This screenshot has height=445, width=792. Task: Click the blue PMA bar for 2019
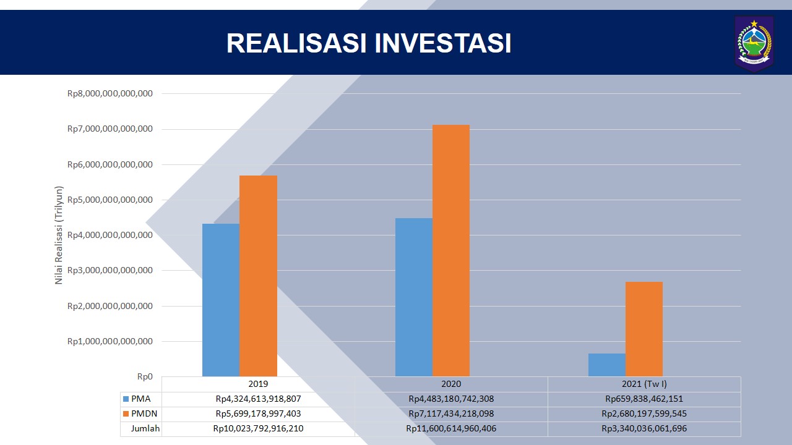[x=221, y=300]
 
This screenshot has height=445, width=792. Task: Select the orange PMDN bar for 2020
[x=451, y=250]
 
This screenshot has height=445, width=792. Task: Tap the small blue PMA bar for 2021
[x=607, y=365]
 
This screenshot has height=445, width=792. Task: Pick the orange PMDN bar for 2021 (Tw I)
[x=644, y=329]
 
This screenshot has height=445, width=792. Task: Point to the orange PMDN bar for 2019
[x=259, y=276]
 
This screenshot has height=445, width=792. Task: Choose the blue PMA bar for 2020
[x=414, y=297]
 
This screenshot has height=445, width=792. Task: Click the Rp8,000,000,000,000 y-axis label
[x=110, y=93]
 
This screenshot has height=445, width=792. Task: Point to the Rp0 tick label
[x=145, y=377]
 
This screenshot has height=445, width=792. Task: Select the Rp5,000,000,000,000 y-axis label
[x=110, y=200]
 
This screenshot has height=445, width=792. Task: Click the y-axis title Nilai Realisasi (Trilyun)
[x=59, y=235]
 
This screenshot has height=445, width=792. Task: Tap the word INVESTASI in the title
[x=442, y=43]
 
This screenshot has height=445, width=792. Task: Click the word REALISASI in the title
[x=296, y=43]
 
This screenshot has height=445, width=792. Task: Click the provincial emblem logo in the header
[x=754, y=43]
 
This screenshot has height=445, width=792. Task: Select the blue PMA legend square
[x=126, y=399]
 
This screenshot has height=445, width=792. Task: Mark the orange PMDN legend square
[x=126, y=414]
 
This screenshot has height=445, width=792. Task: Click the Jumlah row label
[x=145, y=429]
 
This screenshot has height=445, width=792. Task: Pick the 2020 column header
[x=451, y=384]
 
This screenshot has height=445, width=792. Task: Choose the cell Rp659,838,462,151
[x=644, y=399]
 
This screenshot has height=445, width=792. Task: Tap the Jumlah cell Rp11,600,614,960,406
[x=451, y=429]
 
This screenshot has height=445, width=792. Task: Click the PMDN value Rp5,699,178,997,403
[x=259, y=414]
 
